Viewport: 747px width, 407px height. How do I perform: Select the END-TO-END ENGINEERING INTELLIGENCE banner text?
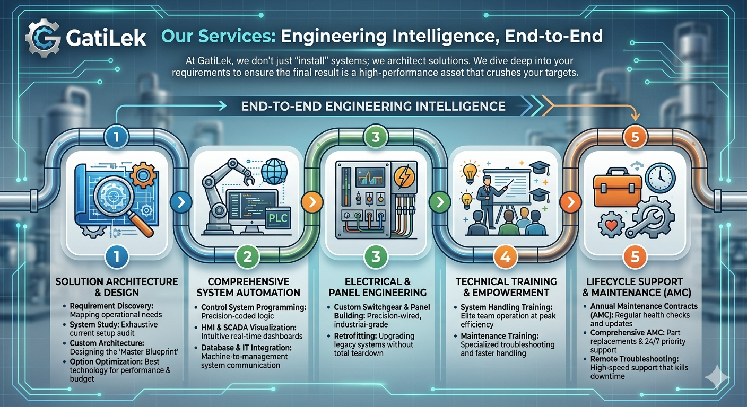point(372,106)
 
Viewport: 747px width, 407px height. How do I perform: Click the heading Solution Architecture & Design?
point(117,286)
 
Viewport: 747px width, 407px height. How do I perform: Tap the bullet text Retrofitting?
point(358,337)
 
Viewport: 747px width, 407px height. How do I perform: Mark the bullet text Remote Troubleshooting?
point(634,359)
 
